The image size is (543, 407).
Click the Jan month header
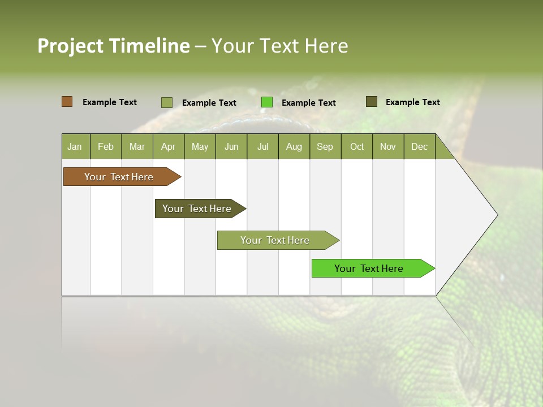pyautogui.click(x=75, y=146)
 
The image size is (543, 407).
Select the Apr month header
pyautogui.click(x=169, y=146)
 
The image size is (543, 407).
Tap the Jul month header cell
pyautogui.click(x=262, y=146)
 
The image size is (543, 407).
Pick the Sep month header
pyautogui.click(x=325, y=146)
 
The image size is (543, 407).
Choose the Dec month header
pyautogui.click(x=419, y=146)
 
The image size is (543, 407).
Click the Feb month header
pyautogui.click(x=106, y=146)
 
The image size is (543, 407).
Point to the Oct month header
pyautogui.click(x=357, y=146)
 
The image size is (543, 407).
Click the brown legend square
pyautogui.click(x=67, y=102)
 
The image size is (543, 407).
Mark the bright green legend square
pyautogui.click(x=267, y=102)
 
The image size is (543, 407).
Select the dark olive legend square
pyautogui.click(x=371, y=102)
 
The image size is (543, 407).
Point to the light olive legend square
pyautogui.click(x=166, y=102)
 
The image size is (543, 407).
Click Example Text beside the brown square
pyautogui.click(x=110, y=102)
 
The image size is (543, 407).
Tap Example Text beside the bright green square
pyautogui.click(x=309, y=103)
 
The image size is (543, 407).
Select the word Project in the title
pyautogui.click(x=71, y=46)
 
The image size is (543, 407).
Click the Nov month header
pyautogui.click(x=388, y=146)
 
